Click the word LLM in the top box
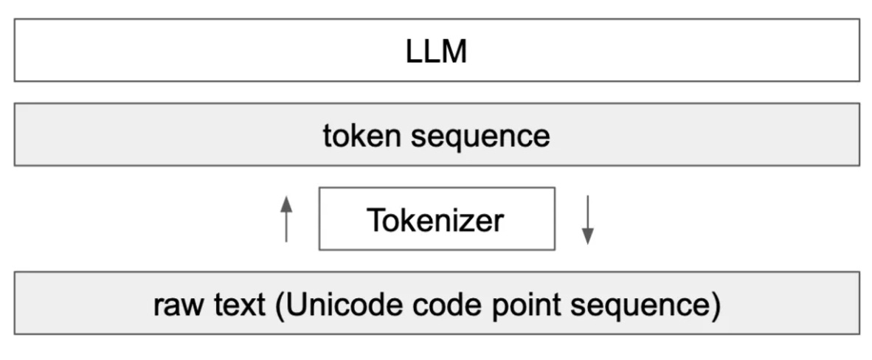(x=436, y=52)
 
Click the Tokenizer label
(x=436, y=220)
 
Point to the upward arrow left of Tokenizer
(x=287, y=218)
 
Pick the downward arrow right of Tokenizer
(x=587, y=220)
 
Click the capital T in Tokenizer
(x=376, y=219)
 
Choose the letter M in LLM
(x=455, y=52)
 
